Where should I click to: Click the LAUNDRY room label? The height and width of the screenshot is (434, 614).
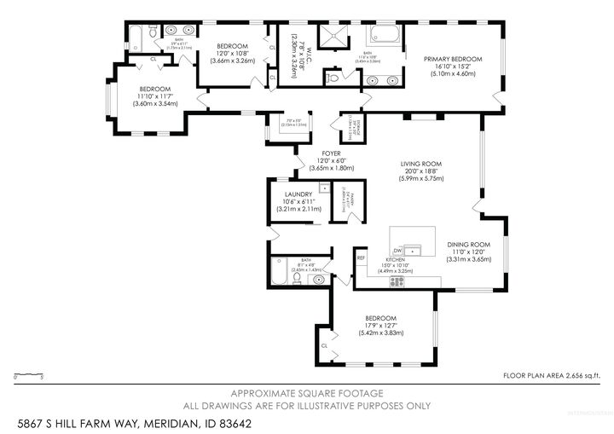pyautogui.click(x=294, y=194)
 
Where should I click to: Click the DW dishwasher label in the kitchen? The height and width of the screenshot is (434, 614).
pyautogui.click(x=397, y=250)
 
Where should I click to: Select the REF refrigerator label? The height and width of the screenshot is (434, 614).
pyautogui.click(x=361, y=257)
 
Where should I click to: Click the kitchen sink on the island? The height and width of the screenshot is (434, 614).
pyautogui.click(x=414, y=250)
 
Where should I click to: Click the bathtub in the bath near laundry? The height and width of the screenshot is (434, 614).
pyautogui.click(x=279, y=272)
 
